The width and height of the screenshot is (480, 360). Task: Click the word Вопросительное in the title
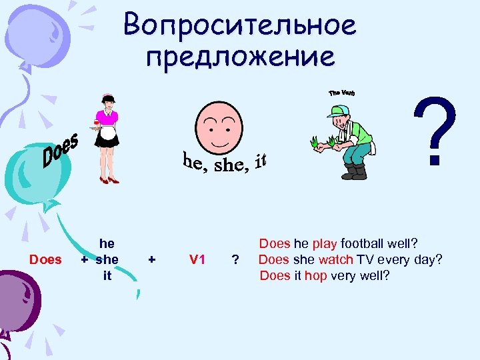(x=240, y=25)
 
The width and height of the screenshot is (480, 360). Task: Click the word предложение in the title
(x=241, y=57)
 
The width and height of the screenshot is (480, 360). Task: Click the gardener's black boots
(x=354, y=172)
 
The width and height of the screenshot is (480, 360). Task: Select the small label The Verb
(x=342, y=93)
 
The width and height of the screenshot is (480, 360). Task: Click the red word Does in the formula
(x=45, y=259)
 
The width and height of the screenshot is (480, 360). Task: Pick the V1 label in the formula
(x=197, y=259)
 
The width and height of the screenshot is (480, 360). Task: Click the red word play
(x=325, y=245)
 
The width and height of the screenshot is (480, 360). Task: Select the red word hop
(x=315, y=275)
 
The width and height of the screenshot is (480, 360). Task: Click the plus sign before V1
(x=152, y=259)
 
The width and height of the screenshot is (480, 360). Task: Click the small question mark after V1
(x=234, y=260)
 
